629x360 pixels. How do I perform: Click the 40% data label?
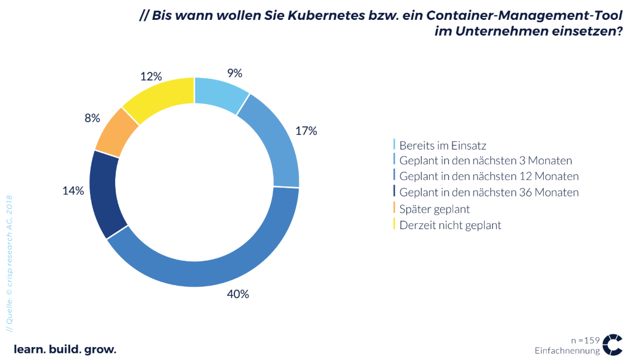click(x=238, y=294)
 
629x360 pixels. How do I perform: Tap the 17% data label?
click(x=306, y=131)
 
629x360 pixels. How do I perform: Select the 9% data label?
click(x=234, y=73)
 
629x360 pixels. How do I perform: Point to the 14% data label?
click(x=74, y=191)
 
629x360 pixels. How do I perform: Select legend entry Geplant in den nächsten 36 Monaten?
click(x=489, y=192)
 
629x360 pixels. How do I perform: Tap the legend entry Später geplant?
click(x=435, y=209)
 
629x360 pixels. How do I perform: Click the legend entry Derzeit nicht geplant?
click(x=450, y=225)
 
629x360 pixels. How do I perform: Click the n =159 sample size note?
click(x=585, y=340)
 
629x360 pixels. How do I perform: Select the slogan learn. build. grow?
click(x=65, y=349)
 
